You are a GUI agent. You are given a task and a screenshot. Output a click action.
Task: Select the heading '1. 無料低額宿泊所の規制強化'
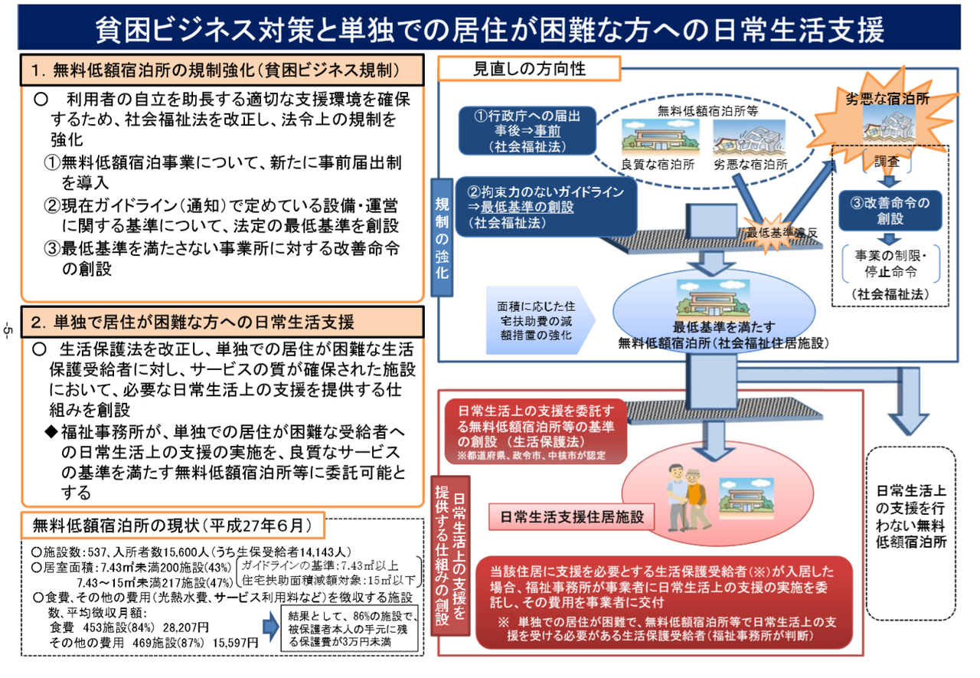pyautogui.click(x=222, y=71)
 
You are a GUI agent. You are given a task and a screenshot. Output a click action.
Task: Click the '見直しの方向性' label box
pyautogui.click(x=528, y=68)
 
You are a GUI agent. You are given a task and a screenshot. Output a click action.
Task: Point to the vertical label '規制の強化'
pyautogui.click(x=443, y=237)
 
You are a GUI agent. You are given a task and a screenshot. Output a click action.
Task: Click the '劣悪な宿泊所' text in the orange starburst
pyautogui.click(x=887, y=100)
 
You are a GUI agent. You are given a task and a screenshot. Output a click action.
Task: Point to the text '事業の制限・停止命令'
pyautogui.click(x=888, y=263)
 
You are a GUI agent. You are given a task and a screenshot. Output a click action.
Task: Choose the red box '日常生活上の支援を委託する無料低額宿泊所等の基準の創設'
pyautogui.click(x=536, y=432)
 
